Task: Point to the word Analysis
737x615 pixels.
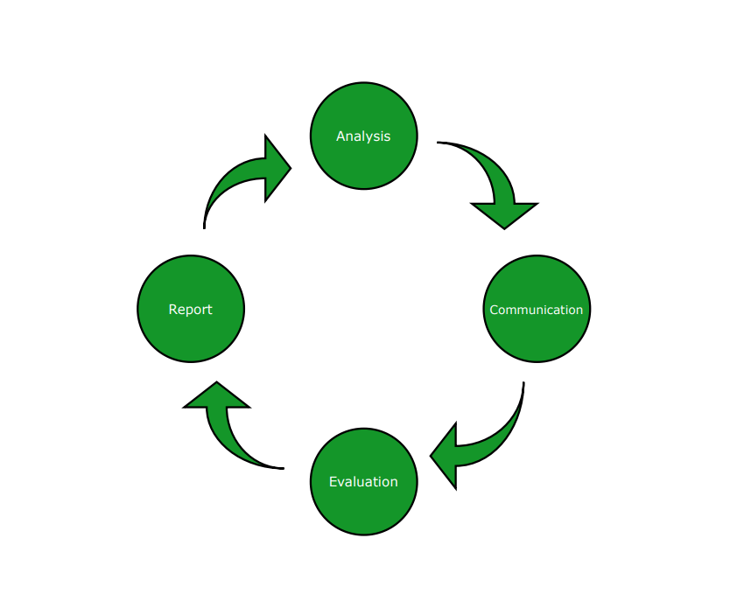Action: pos(363,136)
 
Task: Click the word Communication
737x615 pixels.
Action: pos(537,310)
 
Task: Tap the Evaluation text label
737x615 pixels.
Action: pos(363,482)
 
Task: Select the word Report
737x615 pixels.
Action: pos(190,309)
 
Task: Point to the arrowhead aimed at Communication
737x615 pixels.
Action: pos(504,214)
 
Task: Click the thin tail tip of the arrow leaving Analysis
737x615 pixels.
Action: pos(439,143)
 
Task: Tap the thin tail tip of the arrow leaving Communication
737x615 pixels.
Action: pos(523,384)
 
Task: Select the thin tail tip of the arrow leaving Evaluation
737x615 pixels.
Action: pos(282,468)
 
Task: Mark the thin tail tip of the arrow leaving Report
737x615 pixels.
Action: pos(204,227)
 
